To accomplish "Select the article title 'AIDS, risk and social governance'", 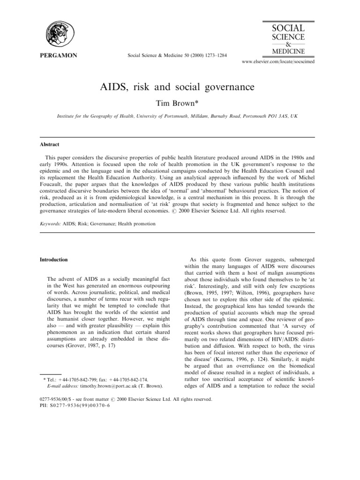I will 180,87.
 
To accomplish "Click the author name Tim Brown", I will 180,103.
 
